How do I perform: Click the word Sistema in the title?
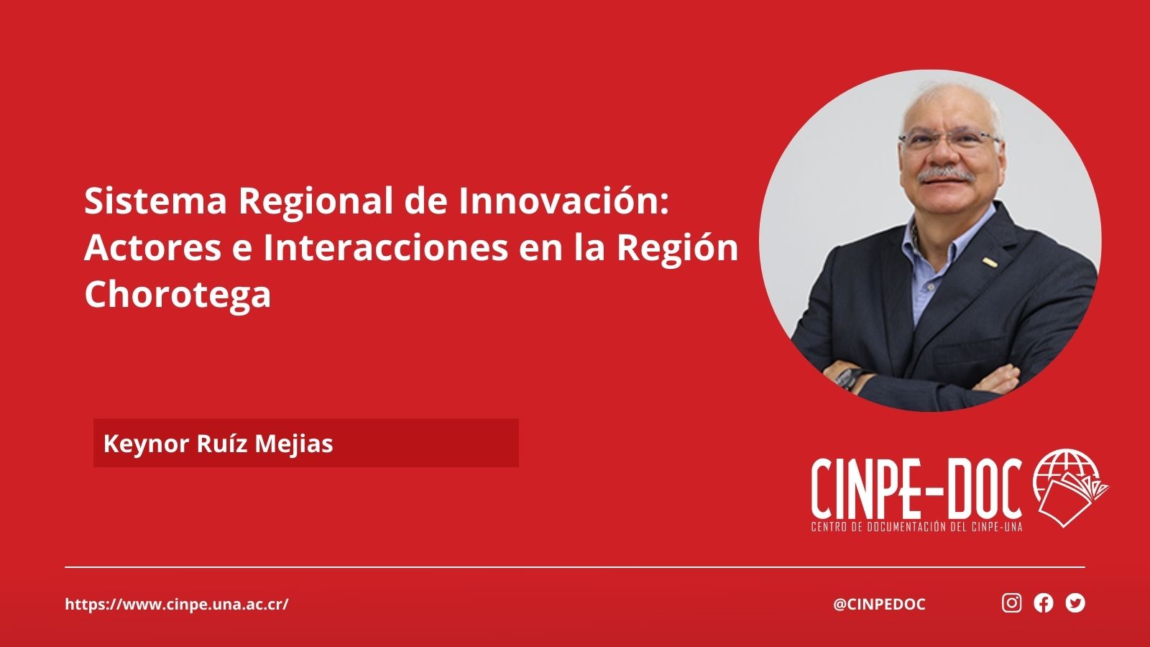(155, 201)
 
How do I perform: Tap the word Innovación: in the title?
(564, 201)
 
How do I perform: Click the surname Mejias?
(294, 444)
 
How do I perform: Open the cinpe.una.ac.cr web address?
(177, 605)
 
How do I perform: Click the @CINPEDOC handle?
(879, 605)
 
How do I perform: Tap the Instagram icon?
(1011, 603)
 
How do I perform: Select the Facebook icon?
(1043, 603)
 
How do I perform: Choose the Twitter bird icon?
(1075, 603)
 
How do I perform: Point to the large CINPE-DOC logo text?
(916, 488)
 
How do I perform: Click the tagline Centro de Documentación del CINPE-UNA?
(916, 527)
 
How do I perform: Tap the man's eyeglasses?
(949, 139)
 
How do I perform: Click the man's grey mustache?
(946, 175)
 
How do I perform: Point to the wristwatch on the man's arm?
(848, 379)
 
